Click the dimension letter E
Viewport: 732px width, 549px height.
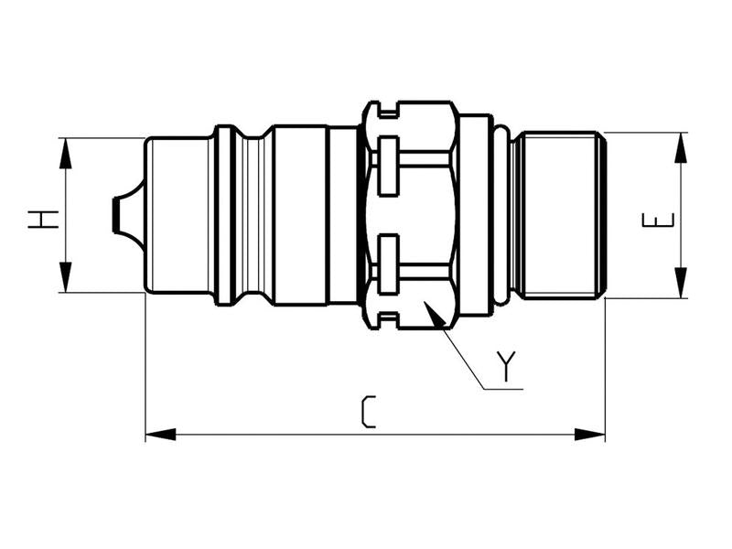666,220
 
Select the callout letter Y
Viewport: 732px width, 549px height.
507,366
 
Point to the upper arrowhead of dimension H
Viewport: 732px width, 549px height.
65,152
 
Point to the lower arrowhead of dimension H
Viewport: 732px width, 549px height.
65,278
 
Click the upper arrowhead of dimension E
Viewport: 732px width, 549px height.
682,146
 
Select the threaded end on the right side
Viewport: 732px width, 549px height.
558,215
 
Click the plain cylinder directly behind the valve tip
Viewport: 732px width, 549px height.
178,215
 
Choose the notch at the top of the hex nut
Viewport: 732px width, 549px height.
389,112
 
